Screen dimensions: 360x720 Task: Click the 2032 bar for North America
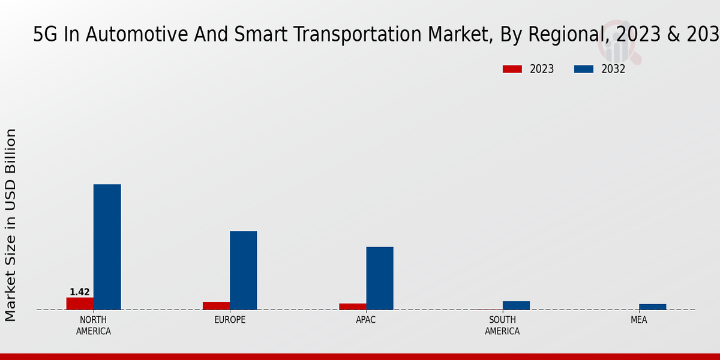[x=107, y=247]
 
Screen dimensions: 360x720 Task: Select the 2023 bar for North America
[x=80, y=304]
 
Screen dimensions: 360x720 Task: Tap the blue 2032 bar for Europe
[x=243, y=270]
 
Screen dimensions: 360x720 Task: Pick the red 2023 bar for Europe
[x=216, y=306]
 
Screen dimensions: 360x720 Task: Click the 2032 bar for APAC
[x=380, y=278]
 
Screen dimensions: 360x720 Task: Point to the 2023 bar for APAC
[x=352, y=307]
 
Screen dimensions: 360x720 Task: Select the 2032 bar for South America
[x=516, y=305]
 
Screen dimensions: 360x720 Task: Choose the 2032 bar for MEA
[x=652, y=307]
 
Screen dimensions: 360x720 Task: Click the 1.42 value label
[x=80, y=292]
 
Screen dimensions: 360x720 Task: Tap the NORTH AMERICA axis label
[x=94, y=325]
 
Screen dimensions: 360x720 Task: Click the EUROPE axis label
[x=230, y=320]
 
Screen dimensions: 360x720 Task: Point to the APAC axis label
[x=366, y=320]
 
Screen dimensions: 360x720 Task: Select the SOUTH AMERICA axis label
[x=502, y=325]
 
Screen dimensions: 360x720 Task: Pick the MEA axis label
[x=638, y=320]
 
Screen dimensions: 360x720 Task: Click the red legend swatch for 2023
[x=512, y=69]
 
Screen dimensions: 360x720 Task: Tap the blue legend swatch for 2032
[x=583, y=69]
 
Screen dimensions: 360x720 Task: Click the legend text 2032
[x=613, y=69]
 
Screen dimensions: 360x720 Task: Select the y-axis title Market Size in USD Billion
[x=11, y=225]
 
